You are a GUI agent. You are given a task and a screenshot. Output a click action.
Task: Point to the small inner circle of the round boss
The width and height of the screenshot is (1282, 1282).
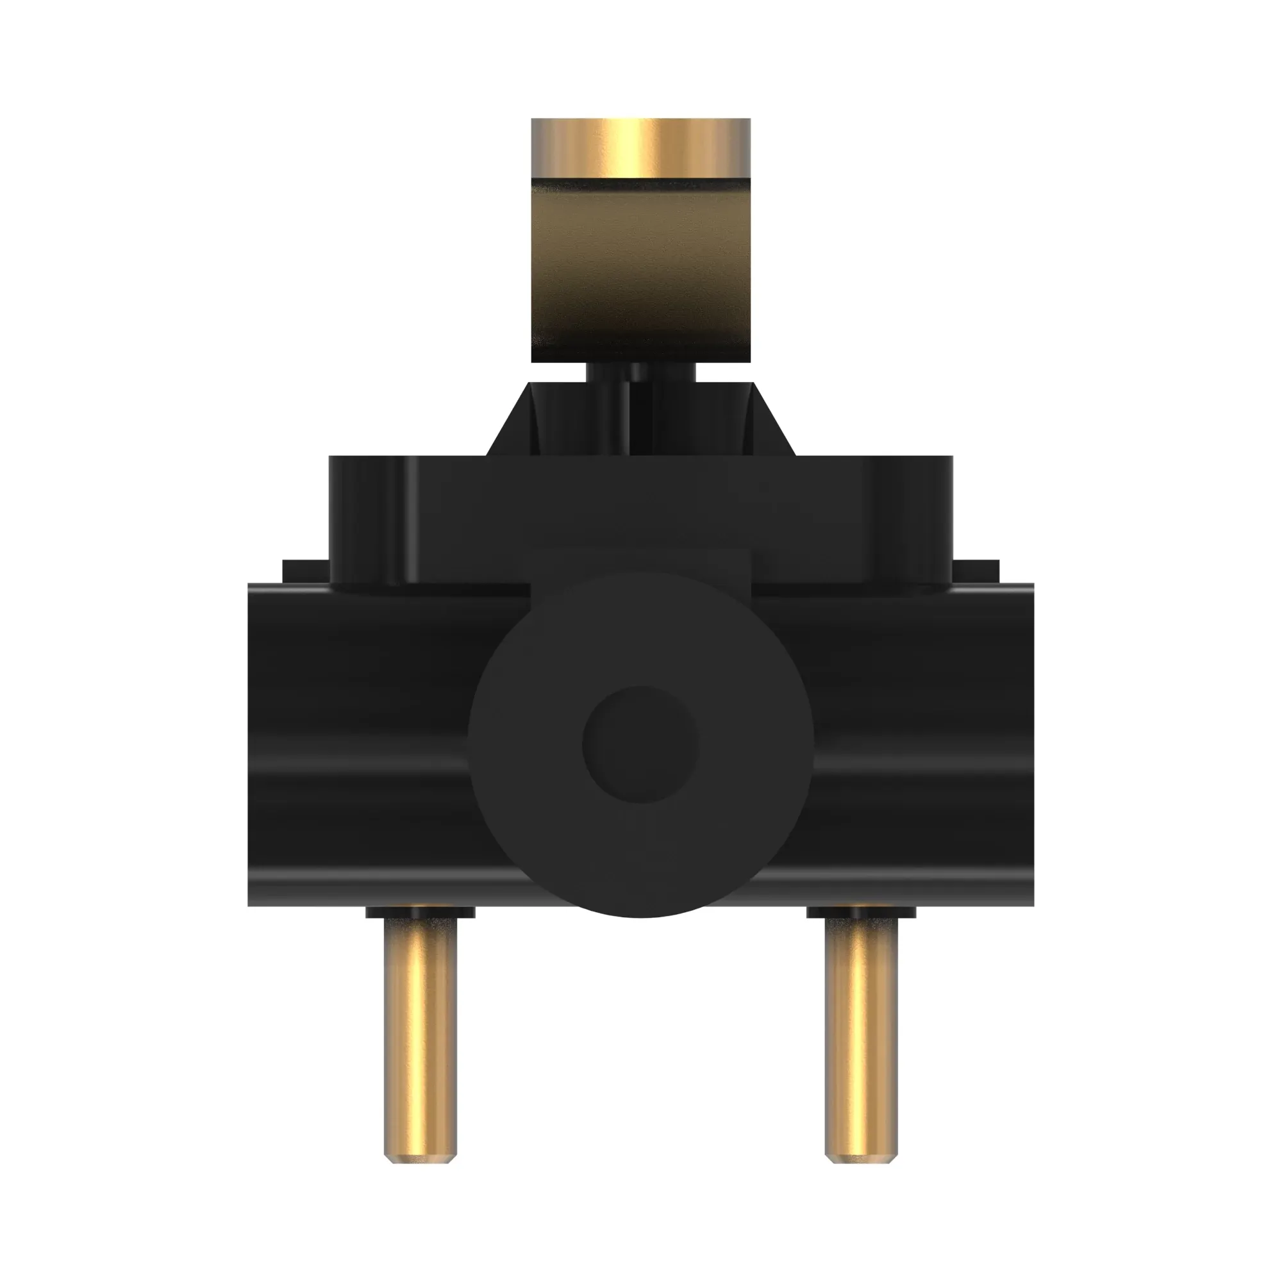640,743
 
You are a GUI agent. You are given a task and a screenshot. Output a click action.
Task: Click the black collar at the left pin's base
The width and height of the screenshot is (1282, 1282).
420,913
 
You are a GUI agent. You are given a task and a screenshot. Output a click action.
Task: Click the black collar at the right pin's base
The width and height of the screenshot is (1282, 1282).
861,913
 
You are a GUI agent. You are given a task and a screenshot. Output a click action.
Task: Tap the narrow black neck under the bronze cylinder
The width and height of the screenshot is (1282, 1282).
640,372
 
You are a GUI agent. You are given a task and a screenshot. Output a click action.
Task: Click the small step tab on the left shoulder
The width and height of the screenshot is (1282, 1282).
304,571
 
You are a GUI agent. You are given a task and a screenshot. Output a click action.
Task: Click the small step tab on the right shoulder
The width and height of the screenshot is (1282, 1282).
976,571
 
